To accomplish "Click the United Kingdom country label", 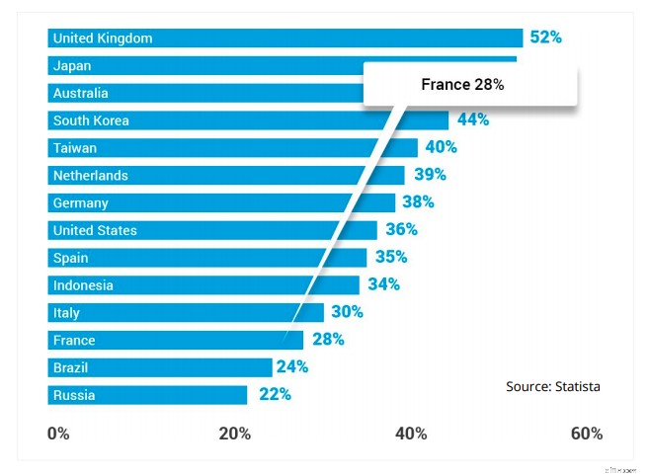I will click(x=102, y=38).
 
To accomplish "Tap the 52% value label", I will click(x=545, y=38).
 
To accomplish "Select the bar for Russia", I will click(x=147, y=395).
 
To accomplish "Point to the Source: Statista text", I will click(x=552, y=386).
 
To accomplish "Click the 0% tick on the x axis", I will click(x=58, y=434).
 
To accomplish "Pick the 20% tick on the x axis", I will click(x=234, y=434).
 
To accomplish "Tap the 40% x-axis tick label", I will click(x=411, y=434).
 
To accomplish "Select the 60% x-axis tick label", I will click(x=586, y=434).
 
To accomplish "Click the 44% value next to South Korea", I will click(x=472, y=119).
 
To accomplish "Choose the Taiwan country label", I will click(x=75, y=148).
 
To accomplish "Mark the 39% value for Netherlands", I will click(x=430, y=175).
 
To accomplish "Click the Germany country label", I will click(x=81, y=203).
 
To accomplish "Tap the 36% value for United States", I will click(x=401, y=229).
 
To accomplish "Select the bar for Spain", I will click(x=207, y=258).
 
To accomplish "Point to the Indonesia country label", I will click(x=83, y=285).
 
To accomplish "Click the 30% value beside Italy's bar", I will click(x=347, y=312).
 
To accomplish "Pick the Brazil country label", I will click(x=71, y=367).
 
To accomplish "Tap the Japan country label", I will click(x=72, y=65).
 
